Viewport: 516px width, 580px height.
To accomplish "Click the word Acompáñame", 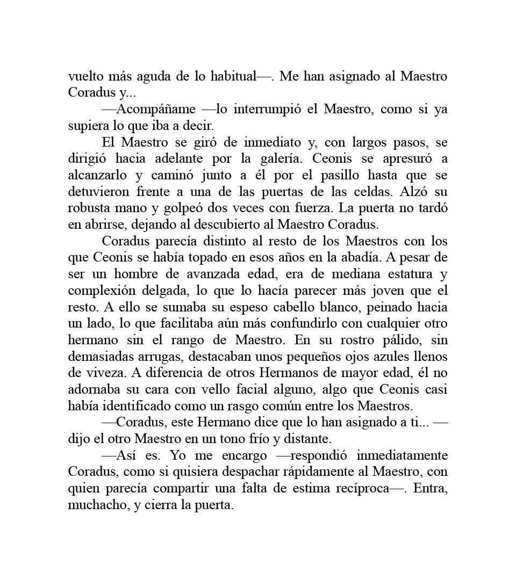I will point(156,110).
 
